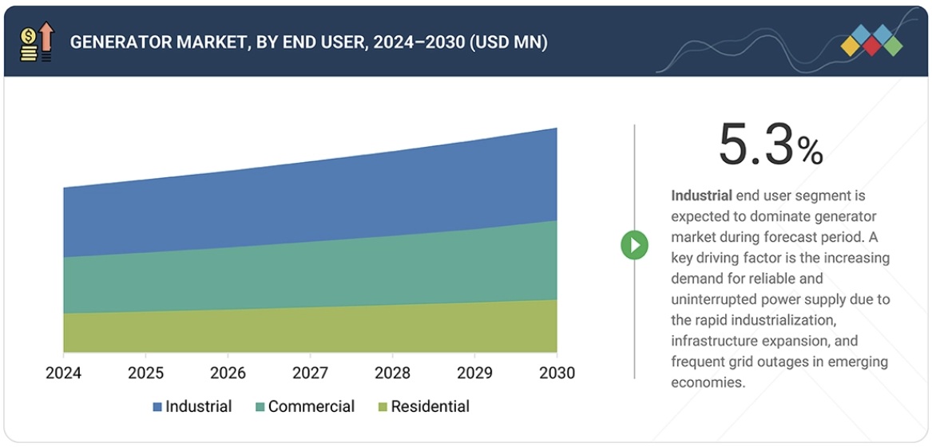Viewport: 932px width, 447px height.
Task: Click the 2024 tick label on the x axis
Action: pos(63,373)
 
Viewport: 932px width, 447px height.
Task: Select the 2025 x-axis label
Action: pos(145,373)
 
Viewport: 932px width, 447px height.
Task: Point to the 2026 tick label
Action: pos(228,373)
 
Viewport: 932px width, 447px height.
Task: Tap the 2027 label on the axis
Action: pos(310,373)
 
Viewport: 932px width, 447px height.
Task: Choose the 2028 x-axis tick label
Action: pos(392,373)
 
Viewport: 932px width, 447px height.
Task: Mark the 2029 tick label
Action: pos(474,373)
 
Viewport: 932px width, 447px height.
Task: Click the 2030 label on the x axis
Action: pos(557,373)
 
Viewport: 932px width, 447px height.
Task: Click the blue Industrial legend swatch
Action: pos(157,407)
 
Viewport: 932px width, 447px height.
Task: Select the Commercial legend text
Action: pos(311,407)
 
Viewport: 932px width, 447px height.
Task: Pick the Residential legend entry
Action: pos(430,407)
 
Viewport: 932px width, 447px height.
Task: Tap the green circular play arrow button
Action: pos(635,245)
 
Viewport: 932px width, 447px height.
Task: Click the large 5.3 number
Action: pos(756,145)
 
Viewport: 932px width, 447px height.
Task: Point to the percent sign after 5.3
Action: pos(810,152)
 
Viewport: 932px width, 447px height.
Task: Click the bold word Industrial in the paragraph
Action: pos(701,196)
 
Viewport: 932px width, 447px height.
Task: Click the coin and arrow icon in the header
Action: pos(37,42)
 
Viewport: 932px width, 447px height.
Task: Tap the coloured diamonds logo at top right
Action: pos(871,40)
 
